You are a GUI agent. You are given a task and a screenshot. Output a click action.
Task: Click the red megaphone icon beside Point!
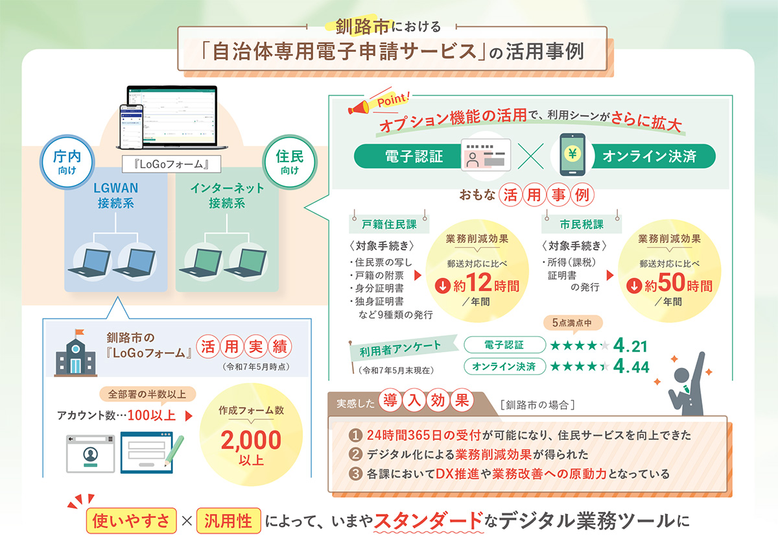pyautogui.click(x=359, y=107)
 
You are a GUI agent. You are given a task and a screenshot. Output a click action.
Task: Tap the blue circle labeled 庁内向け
pyautogui.click(x=67, y=162)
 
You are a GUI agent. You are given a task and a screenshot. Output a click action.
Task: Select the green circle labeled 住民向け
pyautogui.click(x=290, y=162)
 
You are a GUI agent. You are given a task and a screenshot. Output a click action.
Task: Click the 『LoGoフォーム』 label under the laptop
pyautogui.click(x=171, y=164)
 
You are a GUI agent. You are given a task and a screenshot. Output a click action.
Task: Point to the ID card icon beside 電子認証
pyautogui.click(x=486, y=155)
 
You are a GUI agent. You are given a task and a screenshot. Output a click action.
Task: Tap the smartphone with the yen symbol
pyautogui.click(x=572, y=155)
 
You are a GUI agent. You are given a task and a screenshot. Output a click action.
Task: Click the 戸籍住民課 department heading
pyautogui.click(x=389, y=225)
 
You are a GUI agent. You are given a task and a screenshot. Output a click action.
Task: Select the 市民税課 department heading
pyautogui.click(x=582, y=225)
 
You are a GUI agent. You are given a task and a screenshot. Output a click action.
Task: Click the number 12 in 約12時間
pyautogui.click(x=479, y=282)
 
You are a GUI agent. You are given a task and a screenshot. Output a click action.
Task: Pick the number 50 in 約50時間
pyautogui.click(x=672, y=282)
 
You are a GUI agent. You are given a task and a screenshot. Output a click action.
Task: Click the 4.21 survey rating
pyautogui.click(x=630, y=346)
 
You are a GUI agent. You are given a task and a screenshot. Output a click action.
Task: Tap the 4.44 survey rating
pyautogui.click(x=631, y=367)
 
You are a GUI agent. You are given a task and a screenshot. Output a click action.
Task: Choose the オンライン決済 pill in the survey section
pyautogui.click(x=504, y=366)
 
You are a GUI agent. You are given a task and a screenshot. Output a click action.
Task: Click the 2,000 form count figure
pyautogui.click(x=251, y=441)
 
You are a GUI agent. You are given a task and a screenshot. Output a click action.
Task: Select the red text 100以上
pyautogui.click(x=152, y=415)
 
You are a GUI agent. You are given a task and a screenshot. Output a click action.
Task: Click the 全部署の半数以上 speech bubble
pyautogui.click(x=148, y=395)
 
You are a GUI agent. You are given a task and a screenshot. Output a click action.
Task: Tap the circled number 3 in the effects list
pyautogui.click(x=355, y=474)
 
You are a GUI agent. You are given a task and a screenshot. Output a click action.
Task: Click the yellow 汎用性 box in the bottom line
pyautogui.click(x=228, y=520)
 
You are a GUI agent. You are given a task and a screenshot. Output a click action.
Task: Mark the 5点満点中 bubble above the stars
pyautogui.click(x=572, y=323)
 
